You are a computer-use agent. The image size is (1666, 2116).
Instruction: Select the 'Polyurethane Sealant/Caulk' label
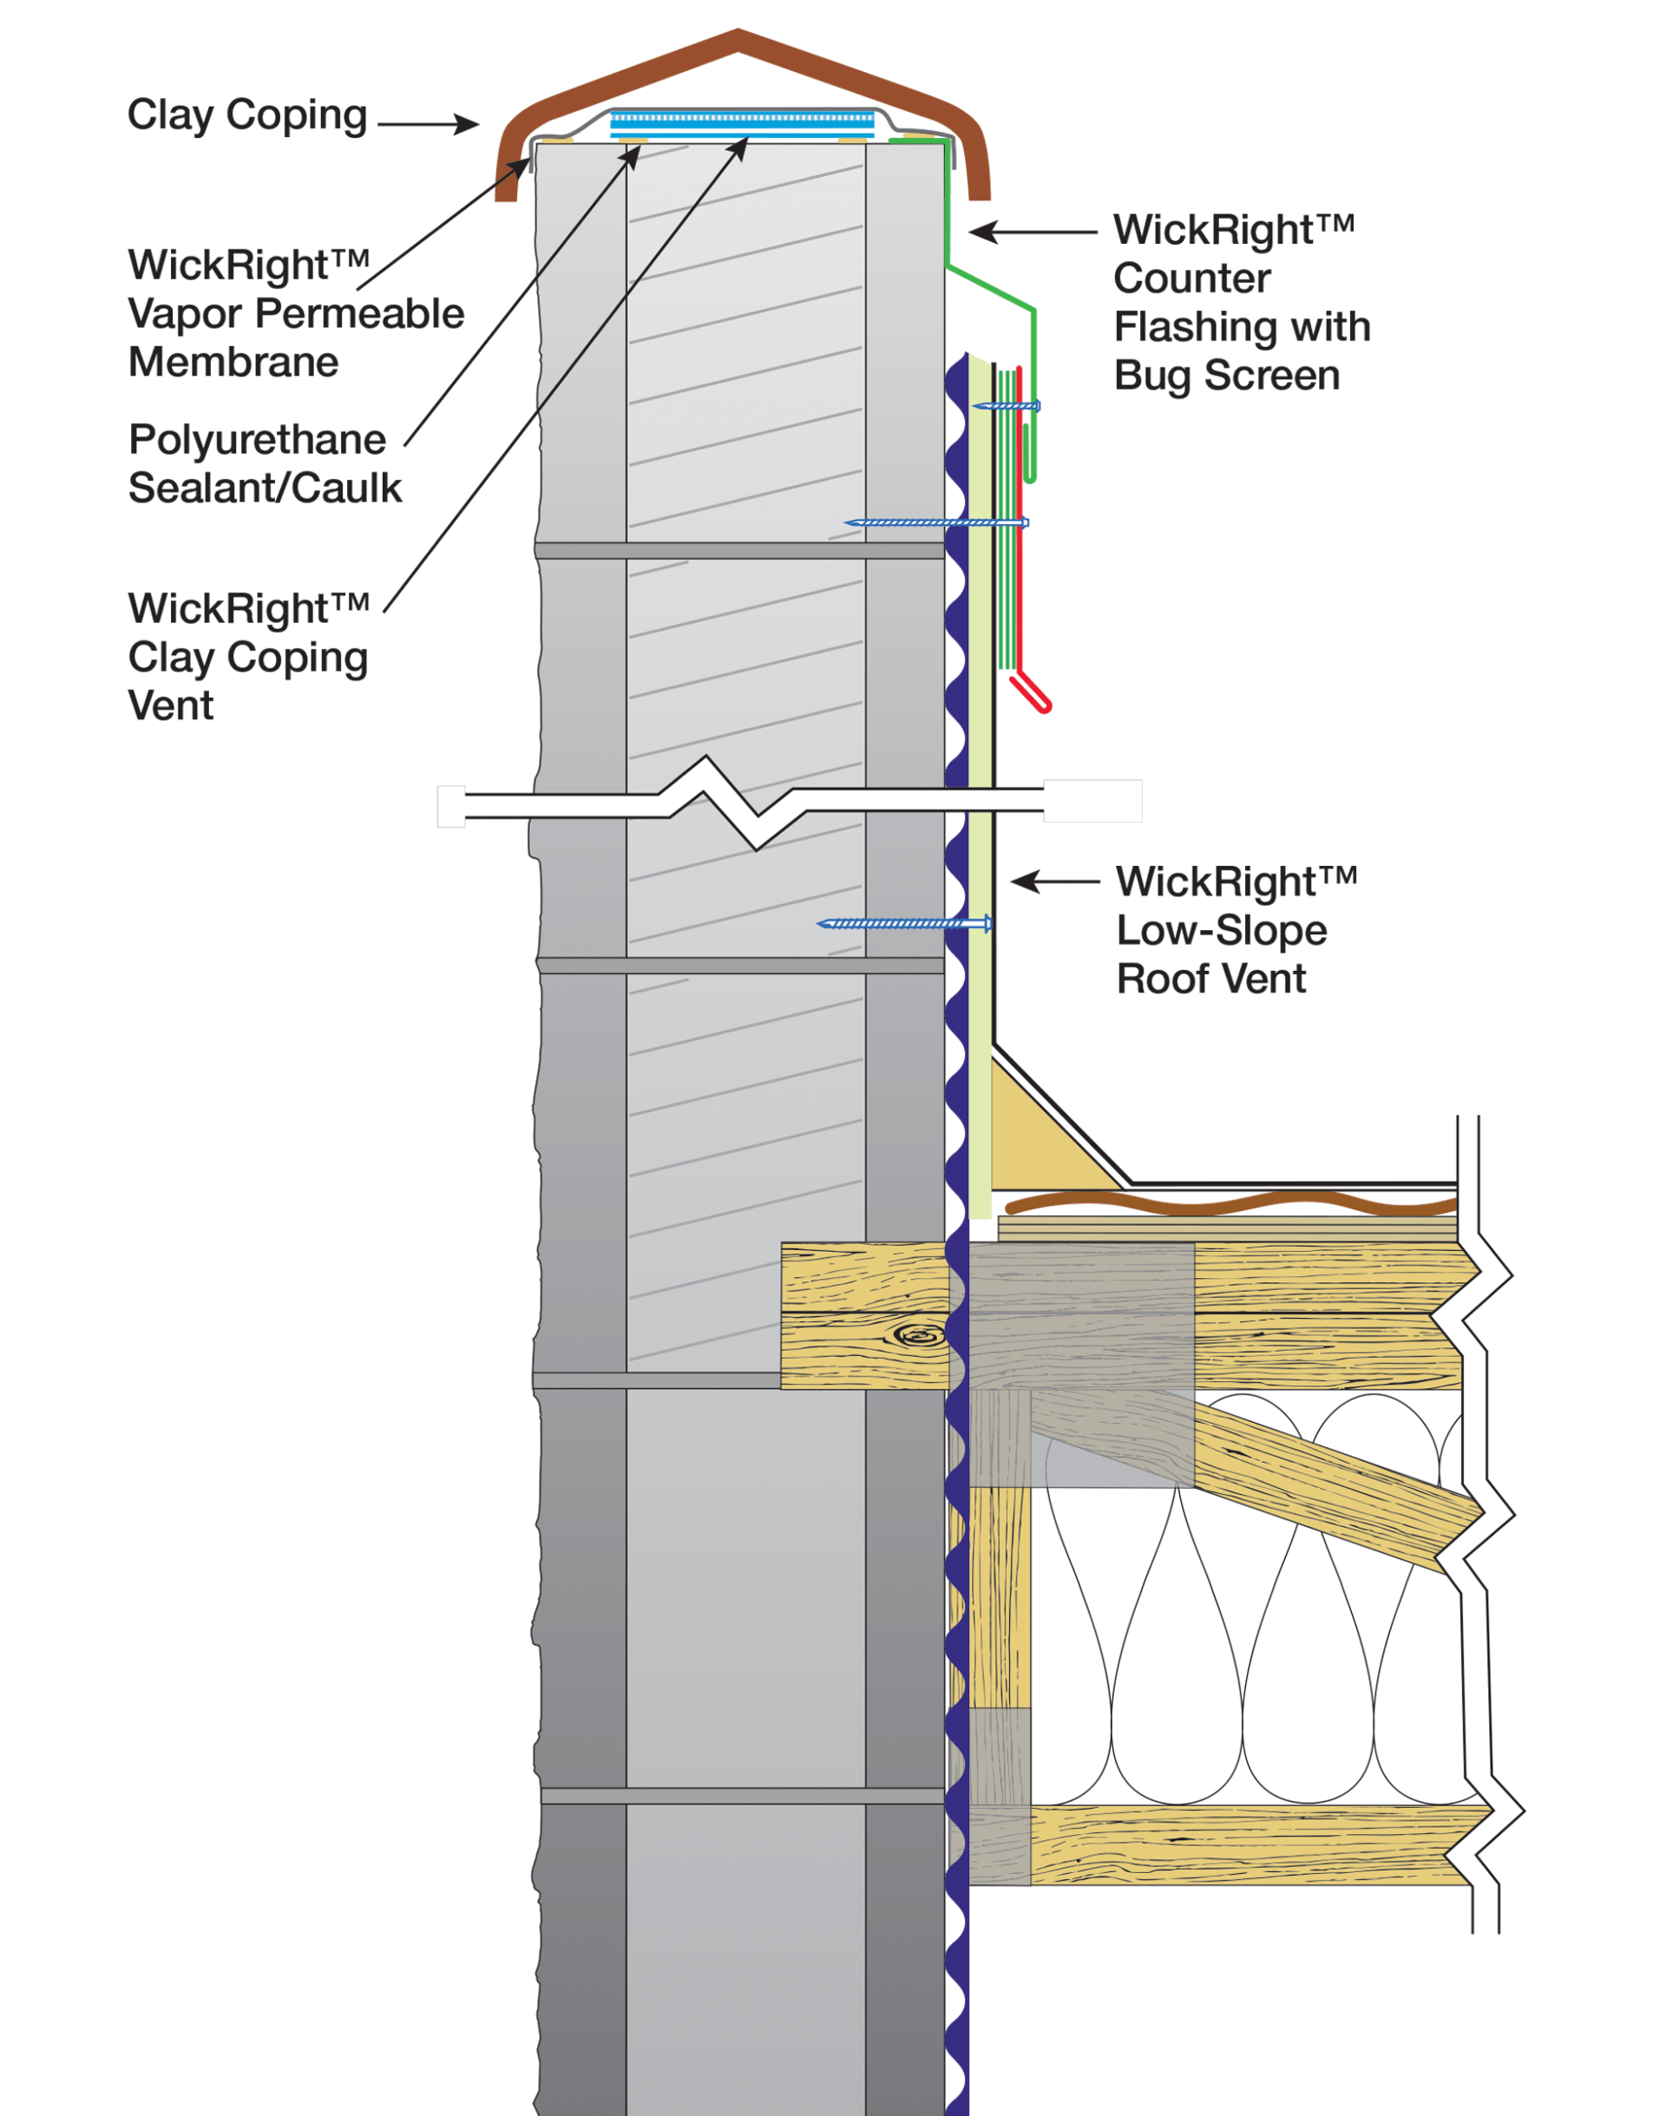pyautogui.click(x=264, y=463)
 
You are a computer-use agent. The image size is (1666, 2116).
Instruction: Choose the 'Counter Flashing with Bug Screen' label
pyautogui.click(x=1241, y=302)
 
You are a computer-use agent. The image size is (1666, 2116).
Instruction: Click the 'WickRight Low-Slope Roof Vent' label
pyautogui.click(x=1235, y=929)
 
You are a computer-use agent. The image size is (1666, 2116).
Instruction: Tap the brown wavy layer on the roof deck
pyautogui.click(x=1229, y=1205)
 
